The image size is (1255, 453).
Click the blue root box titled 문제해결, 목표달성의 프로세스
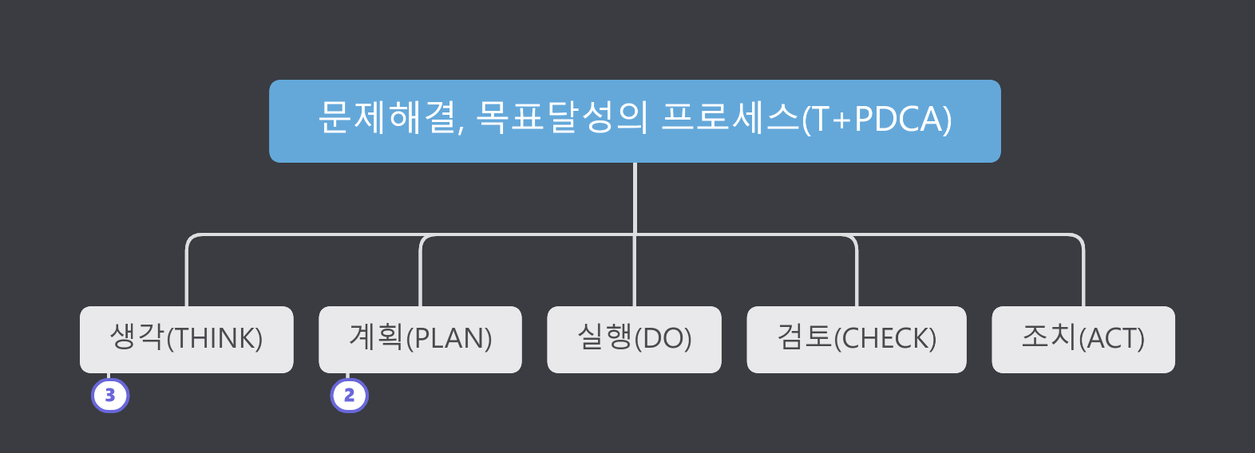coord(635,121)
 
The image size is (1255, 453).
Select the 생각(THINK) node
coord(186,339)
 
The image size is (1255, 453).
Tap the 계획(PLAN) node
coord(420,339)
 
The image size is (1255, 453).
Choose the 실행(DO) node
coord(634,339)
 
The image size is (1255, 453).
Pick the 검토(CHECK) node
coord(856,339)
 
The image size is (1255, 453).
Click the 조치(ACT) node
coord(1083,339)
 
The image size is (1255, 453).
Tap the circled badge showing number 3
coord(110,396)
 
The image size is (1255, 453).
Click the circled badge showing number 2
coord(349,396)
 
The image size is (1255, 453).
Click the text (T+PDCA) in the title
coord(877,120)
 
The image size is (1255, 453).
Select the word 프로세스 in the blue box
coord(730,119)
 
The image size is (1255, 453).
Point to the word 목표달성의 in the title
coord(561,119)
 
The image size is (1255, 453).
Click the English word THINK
coord(214,339)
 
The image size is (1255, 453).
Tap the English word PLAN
coord(449,339)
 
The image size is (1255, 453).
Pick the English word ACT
coord(1111,339)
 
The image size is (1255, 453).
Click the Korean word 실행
coord(604,337)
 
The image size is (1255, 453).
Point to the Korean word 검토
coord(805,337)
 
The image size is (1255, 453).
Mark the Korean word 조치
coord(1049,337)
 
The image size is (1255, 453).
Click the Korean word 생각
coord(137,337)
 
